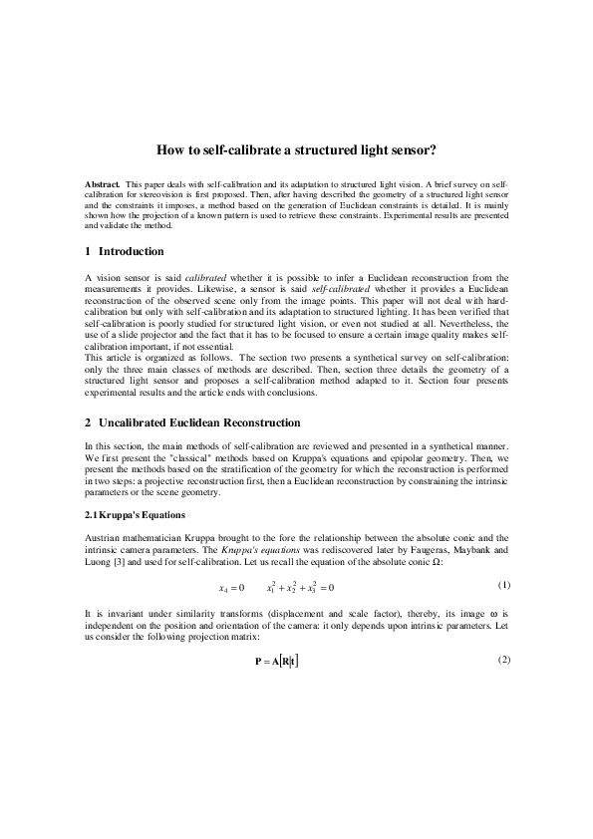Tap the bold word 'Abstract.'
(102, 185)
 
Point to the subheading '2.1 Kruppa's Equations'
(134, 514)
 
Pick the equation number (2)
(502, 661)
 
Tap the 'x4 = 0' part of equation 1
(231, 587)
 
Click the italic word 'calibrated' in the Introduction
(207, 278)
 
